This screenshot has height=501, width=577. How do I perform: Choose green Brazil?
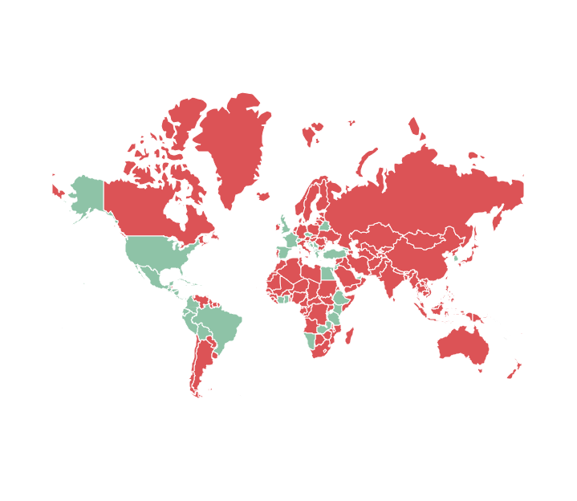(221, 325)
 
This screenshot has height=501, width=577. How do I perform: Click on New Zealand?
(514, 370)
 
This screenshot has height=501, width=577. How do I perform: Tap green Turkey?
(333, 255)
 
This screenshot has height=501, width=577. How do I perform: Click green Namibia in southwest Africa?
(311, 340)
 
